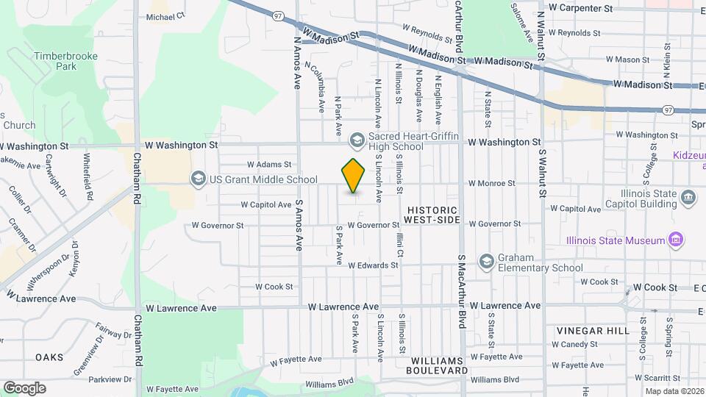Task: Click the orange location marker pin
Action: pos(354,176)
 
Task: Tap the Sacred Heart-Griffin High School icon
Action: pos(357,140)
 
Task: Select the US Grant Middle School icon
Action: pos(198,179)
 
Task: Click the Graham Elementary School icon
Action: pos(486,262)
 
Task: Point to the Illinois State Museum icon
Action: pos(674,240)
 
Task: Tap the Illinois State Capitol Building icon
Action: pos(688,196)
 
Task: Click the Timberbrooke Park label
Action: pos(55,60)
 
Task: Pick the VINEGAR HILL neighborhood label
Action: pos(593,331)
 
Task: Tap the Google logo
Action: pos(24,387)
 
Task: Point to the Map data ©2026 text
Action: pos(674,391)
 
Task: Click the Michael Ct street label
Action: pos(166,15)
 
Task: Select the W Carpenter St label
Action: pos(585,8)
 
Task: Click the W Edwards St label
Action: pos(373,265)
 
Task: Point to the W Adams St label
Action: pos(269,165)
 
